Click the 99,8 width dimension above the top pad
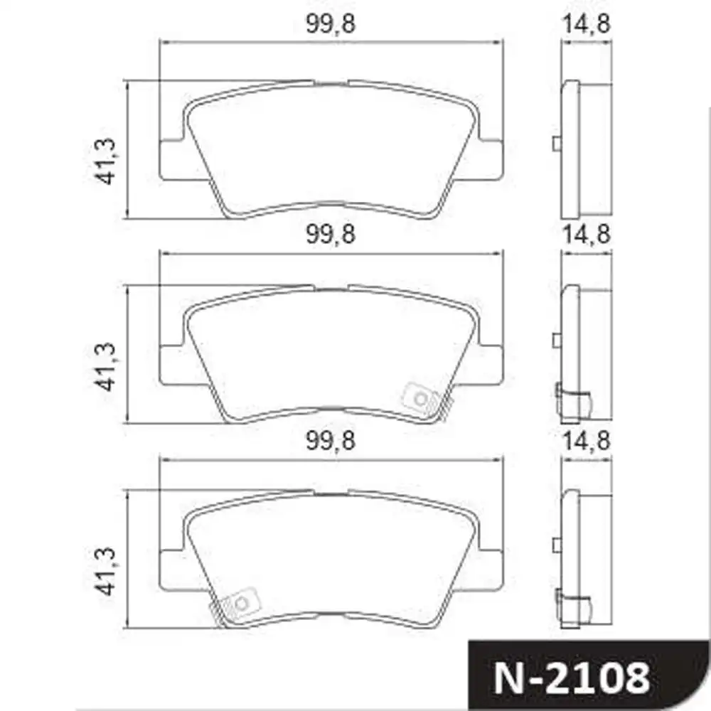331,26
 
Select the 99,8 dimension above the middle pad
331,235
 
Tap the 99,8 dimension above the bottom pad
331,441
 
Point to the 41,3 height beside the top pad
106,161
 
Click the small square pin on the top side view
557,144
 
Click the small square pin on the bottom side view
557,546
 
